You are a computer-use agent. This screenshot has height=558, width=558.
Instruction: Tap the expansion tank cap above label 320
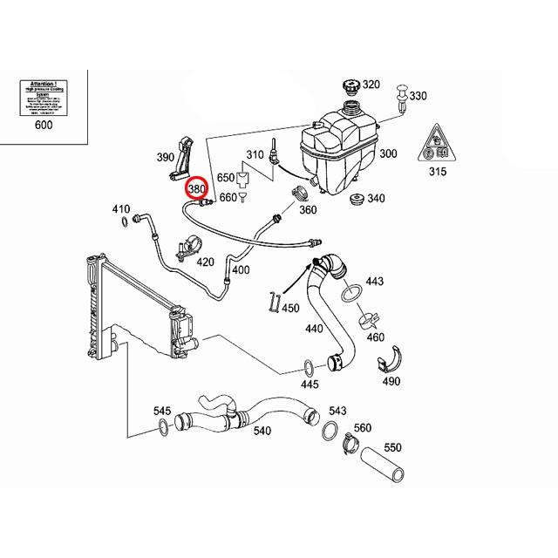347,89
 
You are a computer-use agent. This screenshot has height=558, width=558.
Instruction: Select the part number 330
418,96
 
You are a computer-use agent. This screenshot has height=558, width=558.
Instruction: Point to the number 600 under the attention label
44,126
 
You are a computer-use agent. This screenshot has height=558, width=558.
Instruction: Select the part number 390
166,158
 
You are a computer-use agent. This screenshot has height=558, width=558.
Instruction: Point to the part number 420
204,262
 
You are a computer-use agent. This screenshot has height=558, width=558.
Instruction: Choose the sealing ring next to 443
353,292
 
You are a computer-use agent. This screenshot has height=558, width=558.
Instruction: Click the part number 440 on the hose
314,330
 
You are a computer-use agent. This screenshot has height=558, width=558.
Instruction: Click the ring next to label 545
163,426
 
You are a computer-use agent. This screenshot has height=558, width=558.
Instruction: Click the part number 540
262,430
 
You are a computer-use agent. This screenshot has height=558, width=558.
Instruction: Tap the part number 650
226,177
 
